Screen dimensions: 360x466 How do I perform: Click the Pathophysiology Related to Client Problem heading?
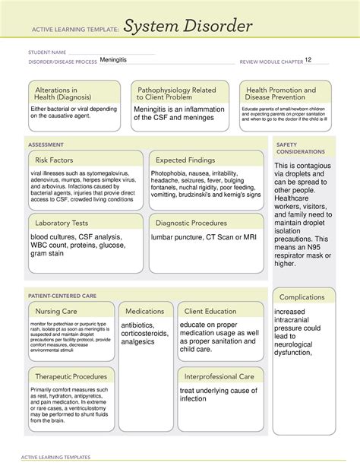pos(178,94)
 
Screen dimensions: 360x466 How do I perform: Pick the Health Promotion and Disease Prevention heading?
pos(282,94)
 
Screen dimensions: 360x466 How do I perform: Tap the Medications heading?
pos(145,311)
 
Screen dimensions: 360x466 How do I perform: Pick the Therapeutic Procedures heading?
pos(68,376)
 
